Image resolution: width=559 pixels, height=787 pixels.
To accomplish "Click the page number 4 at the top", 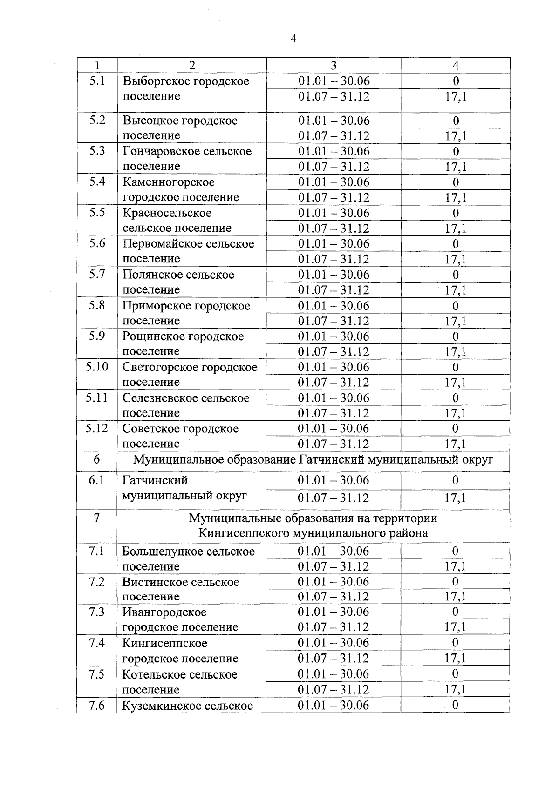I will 293,39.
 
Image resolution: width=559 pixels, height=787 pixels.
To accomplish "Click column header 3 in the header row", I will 334,66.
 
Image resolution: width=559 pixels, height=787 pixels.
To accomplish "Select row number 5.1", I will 97,81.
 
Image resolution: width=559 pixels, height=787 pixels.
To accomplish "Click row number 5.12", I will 97,428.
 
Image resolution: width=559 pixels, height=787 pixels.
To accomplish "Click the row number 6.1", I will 97,480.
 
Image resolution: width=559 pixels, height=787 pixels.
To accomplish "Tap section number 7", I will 96,518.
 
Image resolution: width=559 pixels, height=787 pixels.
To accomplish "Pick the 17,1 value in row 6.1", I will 455,498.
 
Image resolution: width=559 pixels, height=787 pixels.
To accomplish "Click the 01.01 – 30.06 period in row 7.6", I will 333,705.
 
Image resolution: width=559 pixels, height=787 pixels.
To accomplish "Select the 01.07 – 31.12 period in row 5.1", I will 334,97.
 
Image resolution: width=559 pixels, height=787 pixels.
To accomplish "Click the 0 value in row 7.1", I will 455,551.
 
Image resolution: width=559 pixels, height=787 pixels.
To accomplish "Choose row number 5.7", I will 97,274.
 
